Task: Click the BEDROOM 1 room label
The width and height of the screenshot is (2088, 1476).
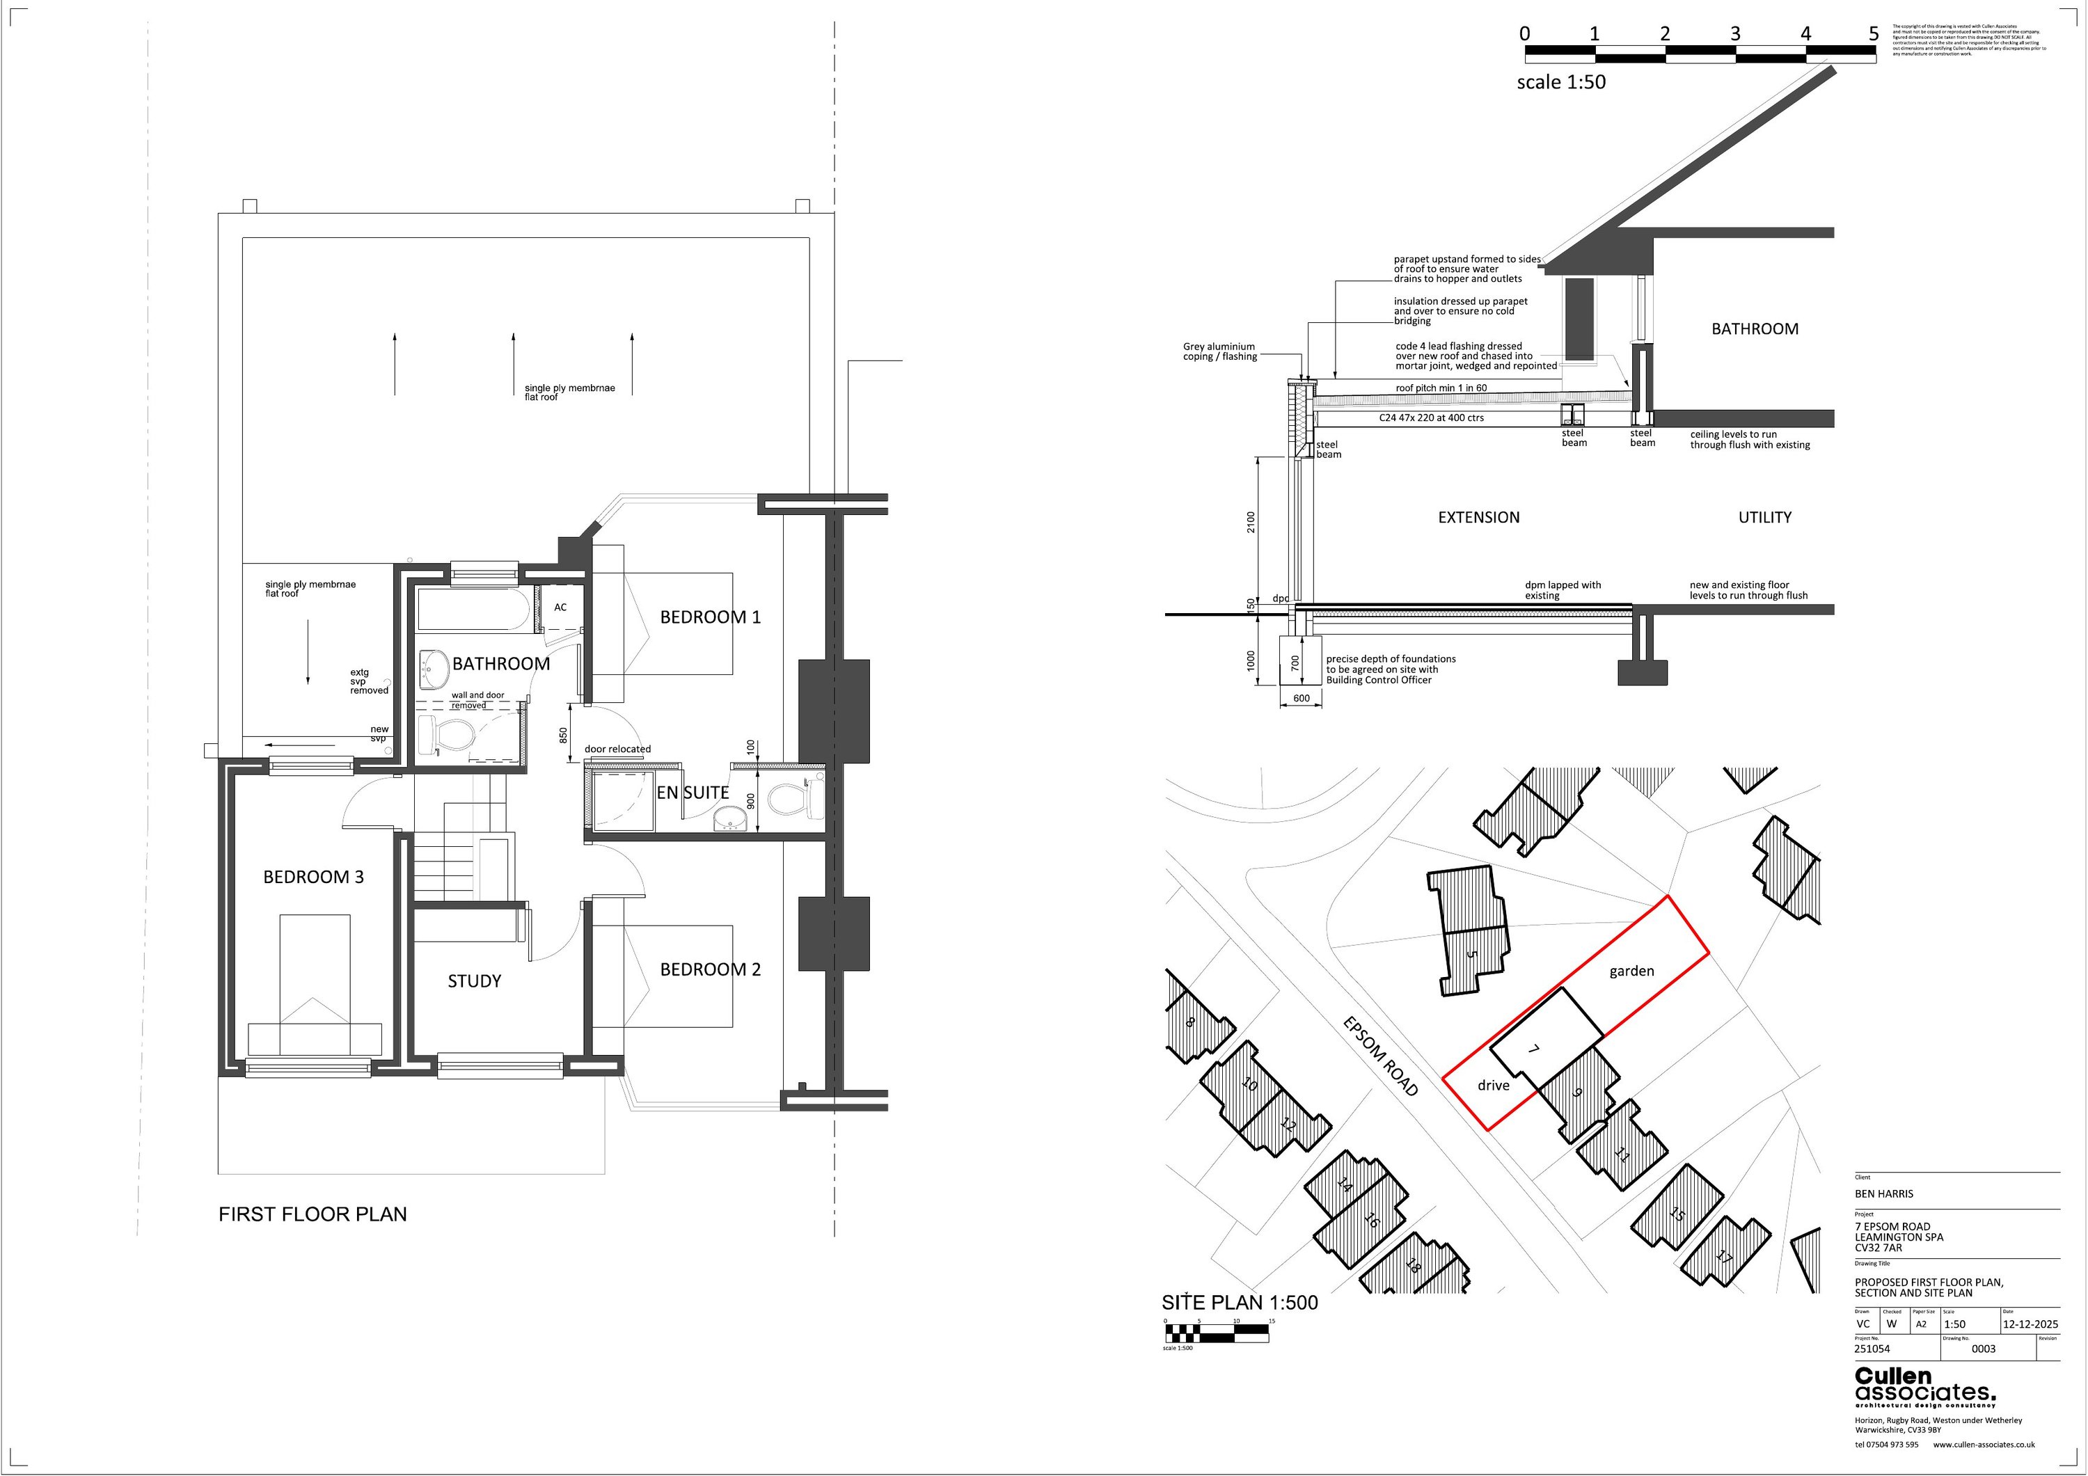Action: [709, 617]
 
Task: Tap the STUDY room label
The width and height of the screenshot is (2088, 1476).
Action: [474, 981]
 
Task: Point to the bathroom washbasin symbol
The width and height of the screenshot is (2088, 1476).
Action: [435, 669]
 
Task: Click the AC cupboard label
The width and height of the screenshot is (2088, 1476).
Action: [560, 608]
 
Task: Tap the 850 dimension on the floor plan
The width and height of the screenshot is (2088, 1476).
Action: [564, 734]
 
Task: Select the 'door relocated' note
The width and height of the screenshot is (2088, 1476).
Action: [617, 749]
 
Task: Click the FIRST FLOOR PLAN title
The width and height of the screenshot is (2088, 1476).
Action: [313, 1215]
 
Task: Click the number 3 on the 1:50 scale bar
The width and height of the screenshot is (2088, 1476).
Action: [1735, 33]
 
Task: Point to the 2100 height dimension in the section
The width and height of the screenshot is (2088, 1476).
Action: [1251, 522]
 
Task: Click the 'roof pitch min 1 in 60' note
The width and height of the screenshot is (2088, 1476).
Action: [1441, 388]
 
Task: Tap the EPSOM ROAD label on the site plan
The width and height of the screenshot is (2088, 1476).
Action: [1380, 1056]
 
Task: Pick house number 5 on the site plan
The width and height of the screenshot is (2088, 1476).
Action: [1472, 955]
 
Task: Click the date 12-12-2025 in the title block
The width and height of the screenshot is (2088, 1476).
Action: [2030, 1324]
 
